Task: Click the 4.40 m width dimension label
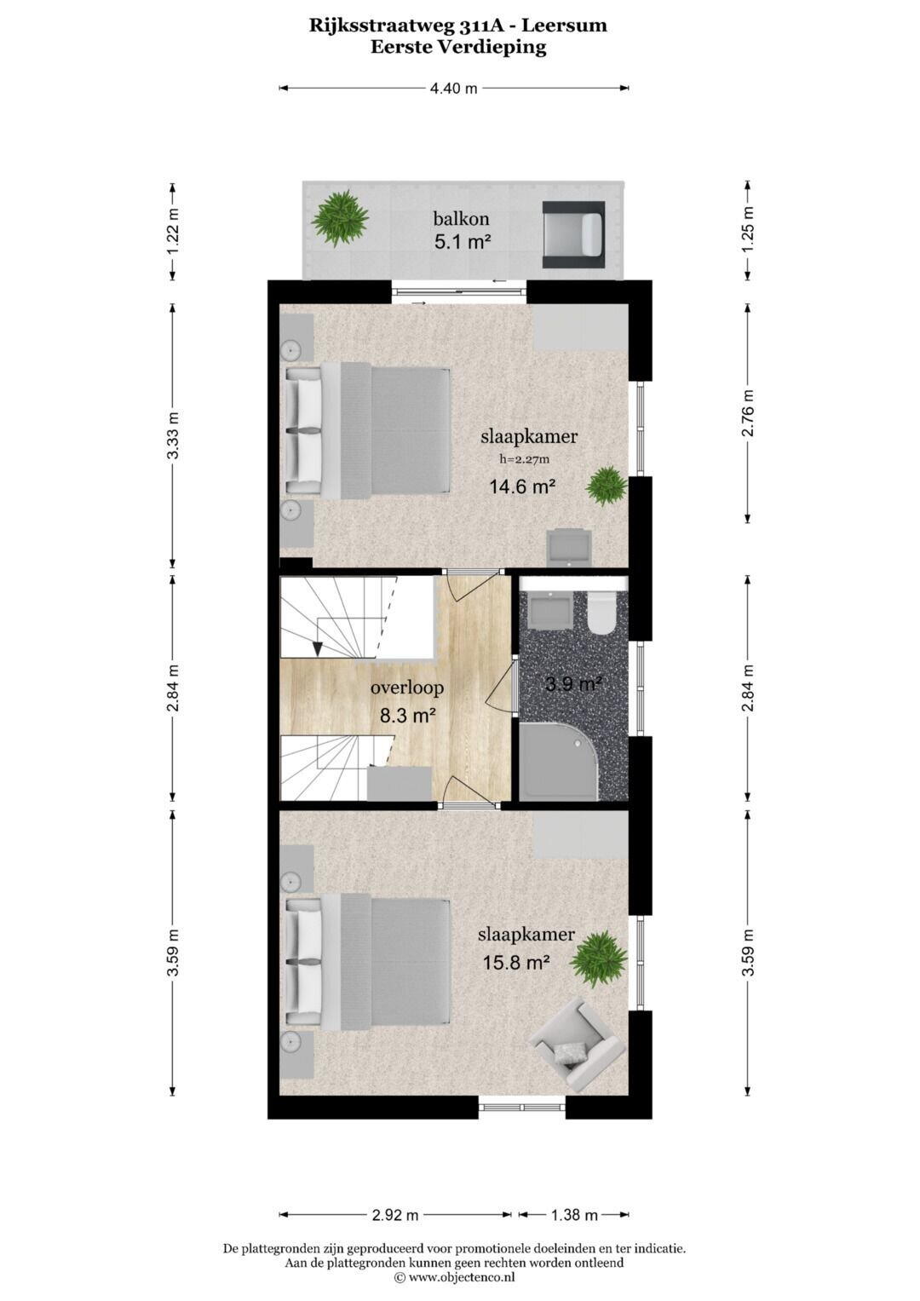click(x=453, y=89)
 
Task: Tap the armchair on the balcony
click(x=573, y=234)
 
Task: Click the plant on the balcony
click(x=340, y=219)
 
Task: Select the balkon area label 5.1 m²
click(x=463, y=241)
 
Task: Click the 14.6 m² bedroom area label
click(x=523, y=486)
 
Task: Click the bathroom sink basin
click(x=549, y=610)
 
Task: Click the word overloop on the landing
click(x=407, y=688)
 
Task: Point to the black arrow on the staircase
click(x=317, y=648)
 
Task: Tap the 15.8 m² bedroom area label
click(x=517, y=963)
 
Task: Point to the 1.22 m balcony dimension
click(x=172, y=231)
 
